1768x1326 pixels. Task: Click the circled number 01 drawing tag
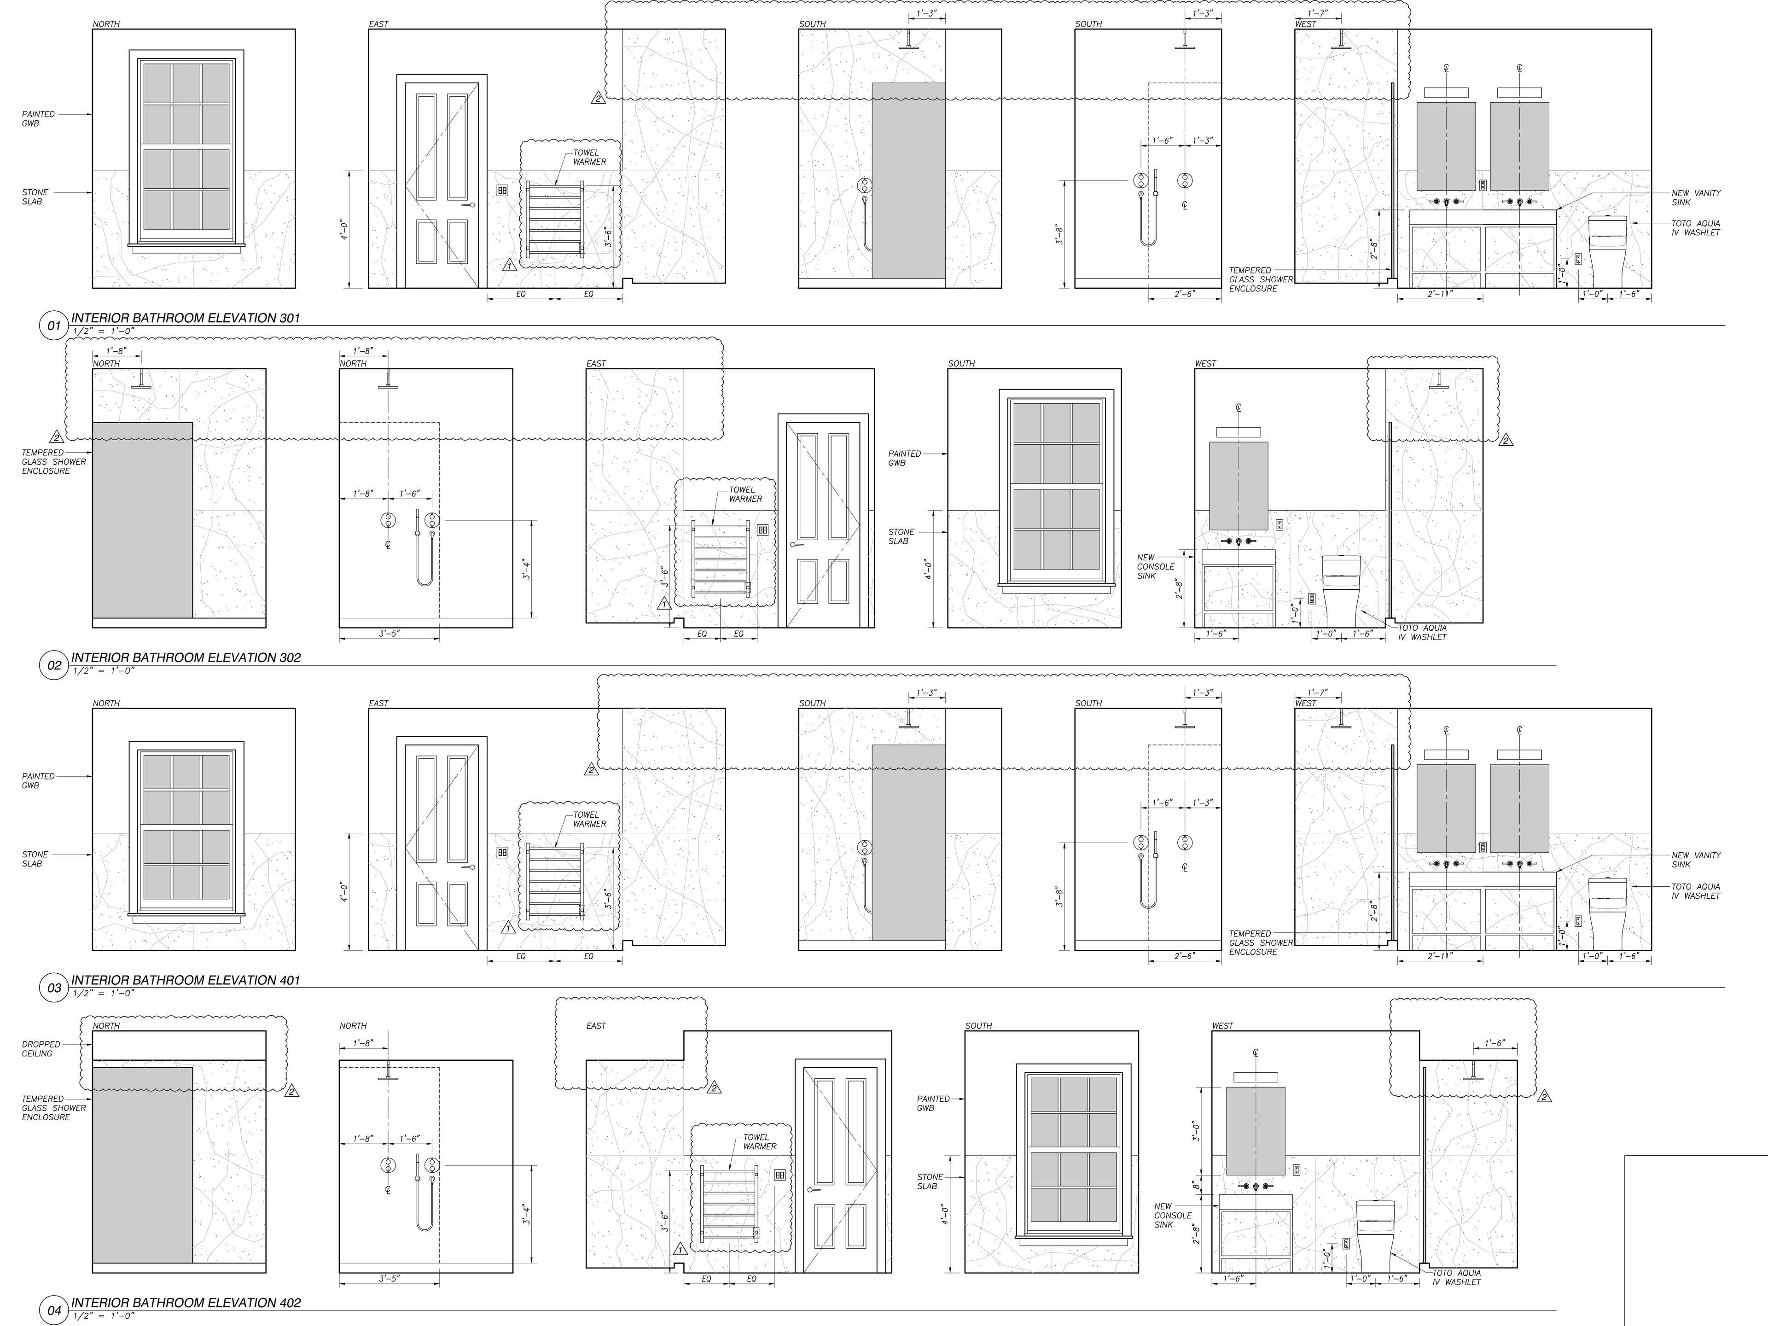pyautogui.click(x=53, y=326)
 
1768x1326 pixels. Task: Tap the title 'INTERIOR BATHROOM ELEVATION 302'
pyautogui.click(x=186, y=658)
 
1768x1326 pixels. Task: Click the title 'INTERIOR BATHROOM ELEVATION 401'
pyautogui.click(x=186, y=980)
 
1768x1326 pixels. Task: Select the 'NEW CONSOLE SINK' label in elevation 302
pyautogui.click(x=1156, y=567)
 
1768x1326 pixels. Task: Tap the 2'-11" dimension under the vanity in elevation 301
pyautogui.click(x=1440, y=294)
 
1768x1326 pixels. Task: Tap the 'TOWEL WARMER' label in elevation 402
pyautogui.click(x=759, y=1141)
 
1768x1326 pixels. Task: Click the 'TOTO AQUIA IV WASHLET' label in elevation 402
pyautogui.click(x=1456, y=1277)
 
